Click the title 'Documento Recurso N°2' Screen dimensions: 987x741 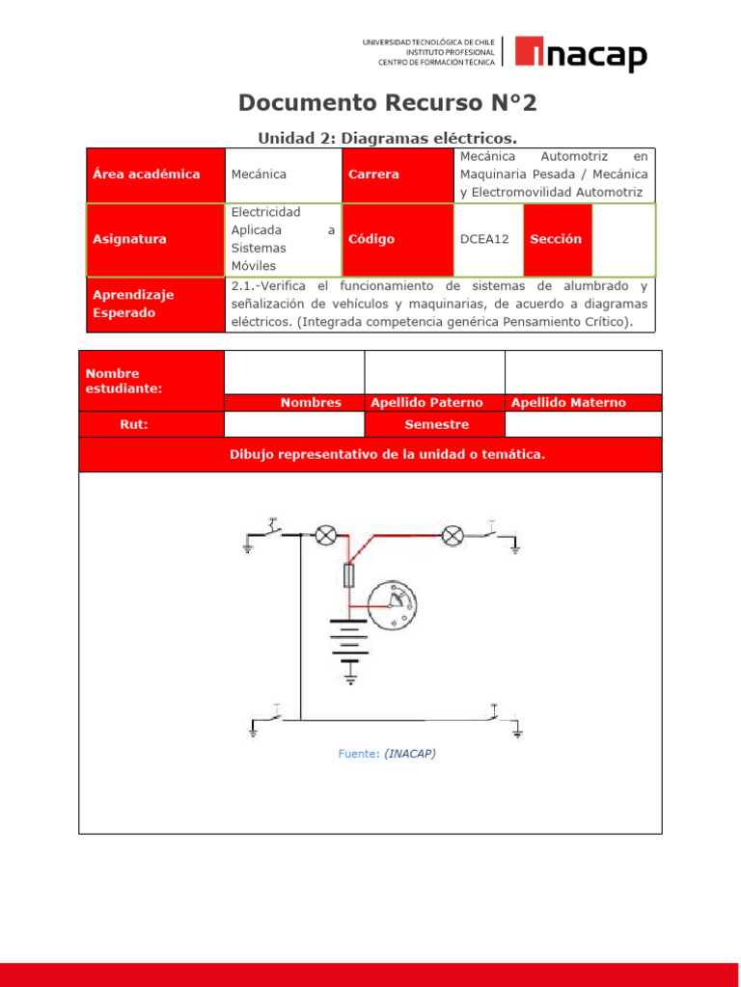[x=387, y=102]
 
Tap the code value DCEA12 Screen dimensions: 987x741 [x=484, y=239]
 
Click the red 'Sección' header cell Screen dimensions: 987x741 [x=556, y=239]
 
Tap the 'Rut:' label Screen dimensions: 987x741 [x=134, y=424]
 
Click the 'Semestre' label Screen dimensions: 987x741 [x=436, y=424]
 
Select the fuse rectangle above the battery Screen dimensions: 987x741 [x=350, y=576]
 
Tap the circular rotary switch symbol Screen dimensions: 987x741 [x=396, y=604]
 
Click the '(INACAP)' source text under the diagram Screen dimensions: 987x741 [x=409, y=754]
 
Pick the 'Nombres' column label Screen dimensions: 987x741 [x=311, y=403]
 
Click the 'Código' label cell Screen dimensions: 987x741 [x=371, y=239]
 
